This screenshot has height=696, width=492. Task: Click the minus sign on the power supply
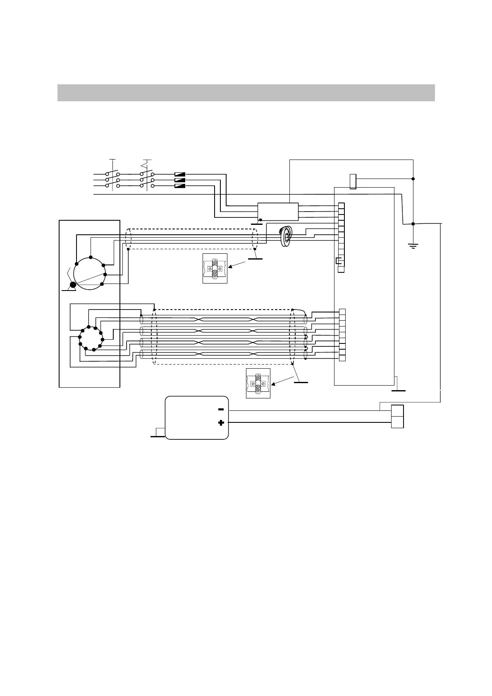pyautogui.click(x=221, y=410)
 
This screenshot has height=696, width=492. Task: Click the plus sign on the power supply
pyautogui.click(x=221, y=423)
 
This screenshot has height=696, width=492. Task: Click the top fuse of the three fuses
pyautogui.click(x=180, y=174)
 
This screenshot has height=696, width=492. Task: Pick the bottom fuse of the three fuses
pyautogui.click(x=180, y=186)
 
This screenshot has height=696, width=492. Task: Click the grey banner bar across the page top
pyautogui.click(x=246, y=93)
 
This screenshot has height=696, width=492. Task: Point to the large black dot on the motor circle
pyautogui.click(x=73, y=284)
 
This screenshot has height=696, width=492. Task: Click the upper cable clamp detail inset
pyautogui.click(x=215, y=269)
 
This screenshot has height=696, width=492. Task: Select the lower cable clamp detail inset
pyautogui.click(x=258, y=384)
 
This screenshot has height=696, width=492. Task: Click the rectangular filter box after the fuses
pyautogui.click(x=278, y=212)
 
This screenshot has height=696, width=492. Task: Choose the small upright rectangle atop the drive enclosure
pyautogui.click(x=353, y=182)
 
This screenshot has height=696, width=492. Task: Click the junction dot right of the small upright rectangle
pyautogui.click(x=413, y=179)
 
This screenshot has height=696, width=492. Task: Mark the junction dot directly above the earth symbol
pyautogui.click(x=413, y=224)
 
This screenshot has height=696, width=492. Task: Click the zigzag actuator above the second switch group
pyautogui.click(x=145, y=166)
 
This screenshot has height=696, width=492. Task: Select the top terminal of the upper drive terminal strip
pyautogui.click(x=341, y=206)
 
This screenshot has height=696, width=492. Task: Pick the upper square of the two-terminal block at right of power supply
pyautogui.click(x=397, y=411)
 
